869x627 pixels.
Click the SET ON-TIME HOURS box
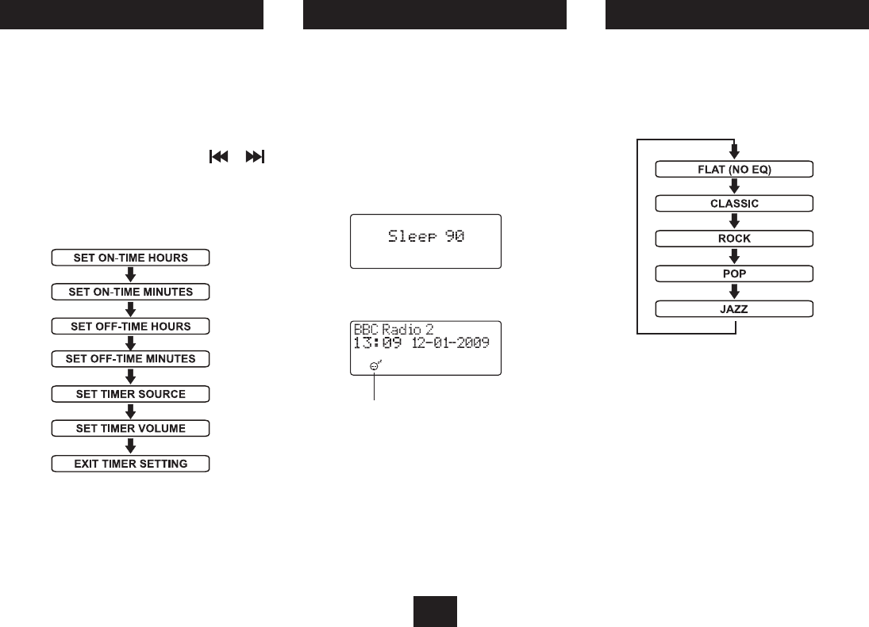click(130, 258)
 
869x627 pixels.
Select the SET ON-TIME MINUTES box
click(130, 292)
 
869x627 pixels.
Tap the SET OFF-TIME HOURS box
click(130, 326)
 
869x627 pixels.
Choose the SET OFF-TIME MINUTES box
click(130, 359)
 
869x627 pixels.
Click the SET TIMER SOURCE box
click(130, 394)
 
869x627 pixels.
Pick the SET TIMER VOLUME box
click(130, 429)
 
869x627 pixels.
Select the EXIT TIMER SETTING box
click(130, 463)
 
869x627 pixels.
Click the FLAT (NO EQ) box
click(735, 169)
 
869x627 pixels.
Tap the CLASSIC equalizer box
click(735, 203)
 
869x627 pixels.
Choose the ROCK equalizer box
click(735, 238)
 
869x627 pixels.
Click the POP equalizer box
click(735, 273)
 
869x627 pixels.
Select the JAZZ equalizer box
click(735, 308)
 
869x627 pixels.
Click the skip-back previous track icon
click(217, 158)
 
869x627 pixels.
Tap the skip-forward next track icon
click(255, 158)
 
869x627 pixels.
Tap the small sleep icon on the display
click(375, 365)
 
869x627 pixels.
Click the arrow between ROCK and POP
click(735, 256)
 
